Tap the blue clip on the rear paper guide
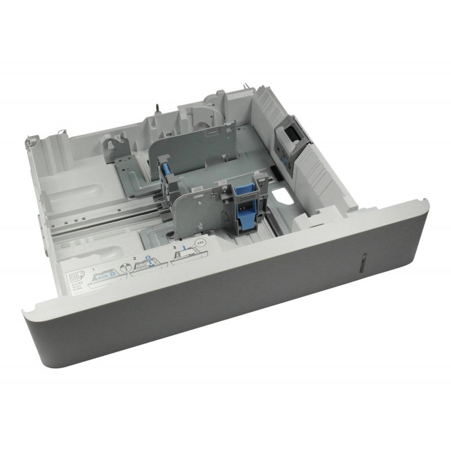click(165, 169)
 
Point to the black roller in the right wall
click(293, 135)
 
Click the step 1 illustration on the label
click(107, 274)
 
